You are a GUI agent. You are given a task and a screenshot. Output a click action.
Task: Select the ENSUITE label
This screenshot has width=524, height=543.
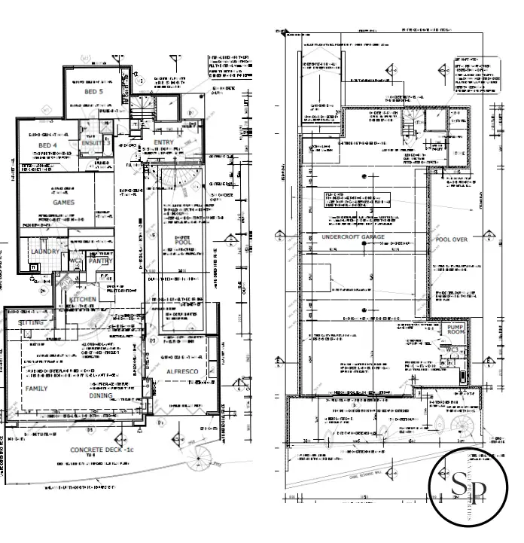[x=92, y=142]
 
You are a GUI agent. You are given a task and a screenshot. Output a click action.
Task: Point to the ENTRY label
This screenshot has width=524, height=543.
[x=163, y=142]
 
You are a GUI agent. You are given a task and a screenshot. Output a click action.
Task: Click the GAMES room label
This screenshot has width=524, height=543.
[x=63, y=203]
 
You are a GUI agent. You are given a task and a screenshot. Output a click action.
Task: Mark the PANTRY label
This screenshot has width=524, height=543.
[x=99, y=261]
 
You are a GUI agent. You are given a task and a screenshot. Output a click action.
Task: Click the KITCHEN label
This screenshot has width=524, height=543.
[x=83, y=300]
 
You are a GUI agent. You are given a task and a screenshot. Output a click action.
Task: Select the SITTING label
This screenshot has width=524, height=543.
[x=32, y=322]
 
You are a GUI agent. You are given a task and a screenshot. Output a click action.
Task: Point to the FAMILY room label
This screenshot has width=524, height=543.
[x=36, y=389]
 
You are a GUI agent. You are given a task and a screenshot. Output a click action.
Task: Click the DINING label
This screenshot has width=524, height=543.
[x=101, y=395]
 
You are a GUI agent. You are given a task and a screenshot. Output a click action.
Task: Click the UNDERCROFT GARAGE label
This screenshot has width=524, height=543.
[x=353, y=236]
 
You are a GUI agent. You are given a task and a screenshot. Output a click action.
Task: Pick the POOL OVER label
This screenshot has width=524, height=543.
[x=452, y=239]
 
